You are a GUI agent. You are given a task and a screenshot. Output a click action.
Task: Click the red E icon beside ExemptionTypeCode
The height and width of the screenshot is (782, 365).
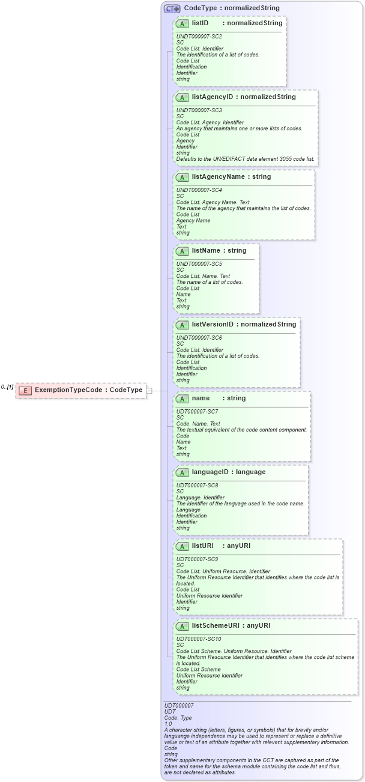[x=25, y=390]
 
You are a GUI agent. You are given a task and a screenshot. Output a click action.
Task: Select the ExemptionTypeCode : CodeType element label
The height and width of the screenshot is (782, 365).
[x=89, y=390]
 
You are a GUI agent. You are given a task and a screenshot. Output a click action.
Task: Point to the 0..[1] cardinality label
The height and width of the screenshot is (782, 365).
[x=7, y=387]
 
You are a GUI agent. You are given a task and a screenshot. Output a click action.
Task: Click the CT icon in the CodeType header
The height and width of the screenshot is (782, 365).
[x=172, y=8]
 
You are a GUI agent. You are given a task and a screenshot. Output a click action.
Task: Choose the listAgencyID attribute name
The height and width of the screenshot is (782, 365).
[x=213, y=97]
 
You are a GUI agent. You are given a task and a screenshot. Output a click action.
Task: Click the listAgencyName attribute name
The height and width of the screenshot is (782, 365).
[x=217, y=176]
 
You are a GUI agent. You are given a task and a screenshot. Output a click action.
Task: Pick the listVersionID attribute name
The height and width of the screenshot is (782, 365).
[x=213, y=324]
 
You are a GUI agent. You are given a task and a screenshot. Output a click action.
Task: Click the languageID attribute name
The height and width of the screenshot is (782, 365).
[x=211, y=472]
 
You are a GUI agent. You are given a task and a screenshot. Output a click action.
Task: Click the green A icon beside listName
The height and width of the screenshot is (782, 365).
[x=182, y=250]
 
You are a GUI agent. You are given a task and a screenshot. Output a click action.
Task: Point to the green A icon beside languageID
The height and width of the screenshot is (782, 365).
[x=182, y=472]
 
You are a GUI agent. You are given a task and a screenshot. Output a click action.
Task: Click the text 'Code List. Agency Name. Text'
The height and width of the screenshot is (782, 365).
[x=213, y=202]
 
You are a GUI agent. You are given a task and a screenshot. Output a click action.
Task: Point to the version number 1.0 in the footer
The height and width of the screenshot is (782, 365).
[x=168, y=724]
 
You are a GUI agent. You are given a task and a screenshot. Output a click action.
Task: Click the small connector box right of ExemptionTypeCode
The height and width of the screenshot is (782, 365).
[x=149, y=391]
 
